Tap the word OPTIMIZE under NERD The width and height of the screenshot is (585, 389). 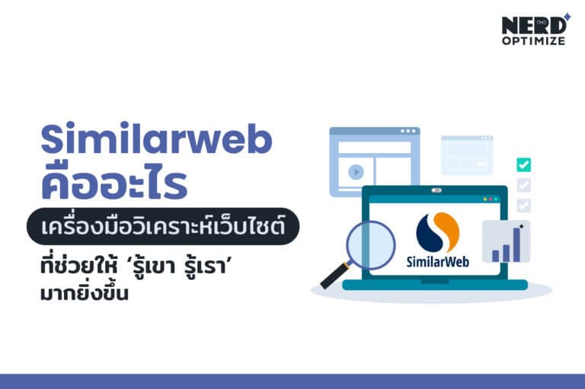[533, 40]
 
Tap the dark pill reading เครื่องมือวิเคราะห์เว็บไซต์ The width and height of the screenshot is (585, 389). [161, 227]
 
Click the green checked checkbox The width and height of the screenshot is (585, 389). [523, 164]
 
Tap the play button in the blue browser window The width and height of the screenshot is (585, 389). [355, 172]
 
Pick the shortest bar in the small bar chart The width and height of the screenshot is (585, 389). [495, 255]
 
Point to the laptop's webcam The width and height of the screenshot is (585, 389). [436, 190]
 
